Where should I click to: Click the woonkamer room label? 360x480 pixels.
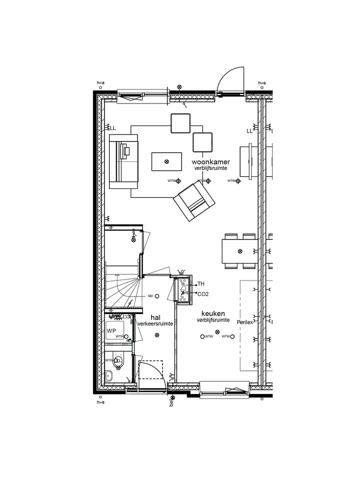[x=210, y=162]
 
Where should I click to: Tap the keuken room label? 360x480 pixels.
[x=213, y=313]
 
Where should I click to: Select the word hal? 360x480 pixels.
[x=155, y=317]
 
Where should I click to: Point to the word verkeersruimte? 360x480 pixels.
[x=155, y=323]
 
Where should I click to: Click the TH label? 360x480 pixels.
[x=201, y=283]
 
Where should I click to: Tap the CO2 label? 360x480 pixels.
[x=203, y=294]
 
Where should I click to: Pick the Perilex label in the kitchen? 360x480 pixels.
[x=245, y=322]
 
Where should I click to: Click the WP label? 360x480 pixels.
[x=110, y=330]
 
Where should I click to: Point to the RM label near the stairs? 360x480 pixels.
[x=150, y=296]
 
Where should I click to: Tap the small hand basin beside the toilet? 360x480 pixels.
[x=109, y=375]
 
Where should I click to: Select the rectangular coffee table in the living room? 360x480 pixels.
[x=166, y=161]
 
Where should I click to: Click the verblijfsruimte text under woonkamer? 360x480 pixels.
[x=211, y=169]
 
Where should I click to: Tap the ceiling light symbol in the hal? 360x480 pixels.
[x=157, y=335]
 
